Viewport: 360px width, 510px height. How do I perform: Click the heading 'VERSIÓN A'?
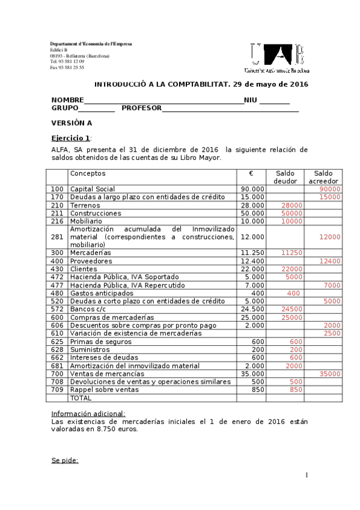point(72,123)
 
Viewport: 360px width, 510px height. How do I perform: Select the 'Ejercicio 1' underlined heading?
point(70,138)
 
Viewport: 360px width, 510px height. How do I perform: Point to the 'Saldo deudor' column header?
point(285,177)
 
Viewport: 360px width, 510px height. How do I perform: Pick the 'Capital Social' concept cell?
point(92,189)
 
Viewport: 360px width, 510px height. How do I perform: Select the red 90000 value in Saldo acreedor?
point(330,189)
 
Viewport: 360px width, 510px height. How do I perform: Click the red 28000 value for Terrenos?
point(291,205)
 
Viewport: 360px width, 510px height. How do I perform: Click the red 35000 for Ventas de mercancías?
point(330,373)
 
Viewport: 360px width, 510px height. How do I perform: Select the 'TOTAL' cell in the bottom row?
point(81,398)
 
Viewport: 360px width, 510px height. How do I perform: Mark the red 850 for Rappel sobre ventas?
point(296,390)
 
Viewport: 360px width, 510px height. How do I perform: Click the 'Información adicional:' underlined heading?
point(88,413)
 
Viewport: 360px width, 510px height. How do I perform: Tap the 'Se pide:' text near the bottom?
point(65,461)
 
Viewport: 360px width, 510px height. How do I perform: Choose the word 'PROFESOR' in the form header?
point(142,108)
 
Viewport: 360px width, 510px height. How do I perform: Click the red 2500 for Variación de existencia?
point(332,333)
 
